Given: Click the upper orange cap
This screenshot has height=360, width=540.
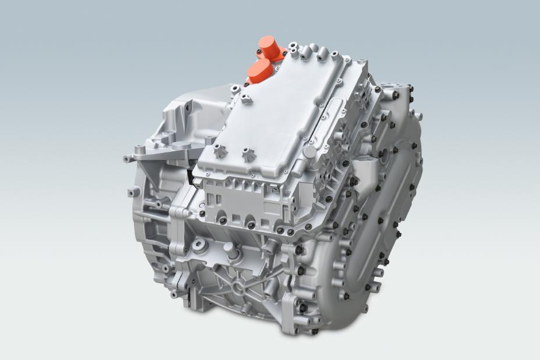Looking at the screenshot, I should click(269, 47).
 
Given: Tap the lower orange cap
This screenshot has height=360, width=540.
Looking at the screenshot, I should click(258, 70).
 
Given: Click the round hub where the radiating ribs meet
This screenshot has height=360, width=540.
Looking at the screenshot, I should click(239, 287).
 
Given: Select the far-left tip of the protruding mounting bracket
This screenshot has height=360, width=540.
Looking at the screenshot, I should click(126, 158).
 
